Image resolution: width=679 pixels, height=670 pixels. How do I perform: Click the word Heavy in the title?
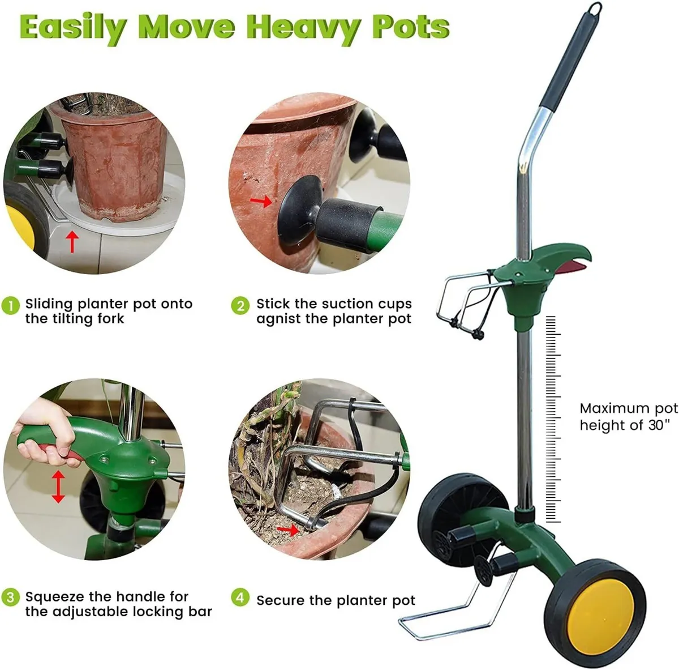304,27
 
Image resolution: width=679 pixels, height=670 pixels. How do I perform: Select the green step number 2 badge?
240,305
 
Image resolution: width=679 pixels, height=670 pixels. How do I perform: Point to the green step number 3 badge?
11,598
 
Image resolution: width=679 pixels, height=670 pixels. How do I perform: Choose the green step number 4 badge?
240,598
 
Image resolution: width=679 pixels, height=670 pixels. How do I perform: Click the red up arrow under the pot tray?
71,241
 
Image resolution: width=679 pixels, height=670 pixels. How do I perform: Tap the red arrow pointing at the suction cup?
261,201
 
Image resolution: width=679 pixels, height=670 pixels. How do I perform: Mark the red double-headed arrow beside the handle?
58,487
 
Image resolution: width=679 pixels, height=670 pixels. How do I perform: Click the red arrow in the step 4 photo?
289,530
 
